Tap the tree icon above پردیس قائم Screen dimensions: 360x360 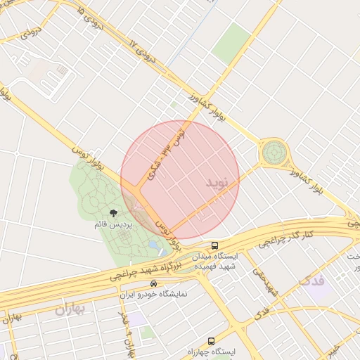[x=114, y=212]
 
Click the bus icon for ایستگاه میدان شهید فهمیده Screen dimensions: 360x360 [x=215, y=245]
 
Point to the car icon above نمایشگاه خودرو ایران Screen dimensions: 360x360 [x=143, y=284]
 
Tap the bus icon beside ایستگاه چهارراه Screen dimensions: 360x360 [x=211, y=341]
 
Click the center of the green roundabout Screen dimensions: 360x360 [x=274, y=151]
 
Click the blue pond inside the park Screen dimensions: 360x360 [x=153, y=245]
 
